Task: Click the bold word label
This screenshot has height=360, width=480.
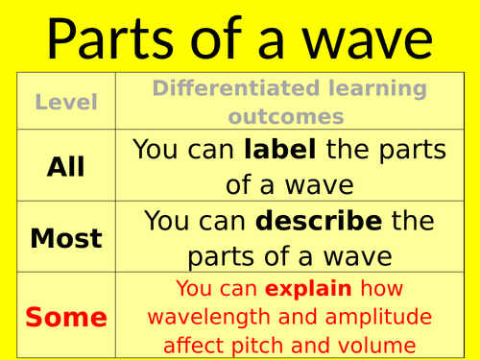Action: pos(280,150)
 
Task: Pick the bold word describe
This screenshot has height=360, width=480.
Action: pos(318,223)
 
